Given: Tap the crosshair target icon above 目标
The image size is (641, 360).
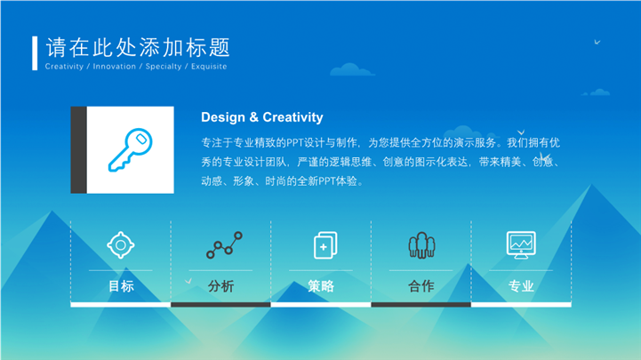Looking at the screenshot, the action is tap(121, 245).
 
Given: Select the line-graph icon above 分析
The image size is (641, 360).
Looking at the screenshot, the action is tap(224, 244).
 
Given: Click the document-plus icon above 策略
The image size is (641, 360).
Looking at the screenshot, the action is tap(325, 245).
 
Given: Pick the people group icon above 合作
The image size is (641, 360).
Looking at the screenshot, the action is tap(421, 245).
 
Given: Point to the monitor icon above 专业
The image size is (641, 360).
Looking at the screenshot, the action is tap(521, 244).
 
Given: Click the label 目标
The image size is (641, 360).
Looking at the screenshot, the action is tap(121, 286).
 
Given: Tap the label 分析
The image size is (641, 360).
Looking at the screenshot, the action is tap(220, 286).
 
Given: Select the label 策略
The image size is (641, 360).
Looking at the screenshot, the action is tap(321, 286).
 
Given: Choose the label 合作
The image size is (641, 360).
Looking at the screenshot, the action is tap(421, 286).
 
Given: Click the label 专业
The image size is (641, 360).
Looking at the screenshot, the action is tap(521, 286).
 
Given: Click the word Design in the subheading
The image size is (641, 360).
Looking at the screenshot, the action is tap(223, 117).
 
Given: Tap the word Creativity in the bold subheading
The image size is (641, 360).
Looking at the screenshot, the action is tap(292, 117).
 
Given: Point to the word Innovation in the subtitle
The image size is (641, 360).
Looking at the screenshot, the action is tap(114, 66).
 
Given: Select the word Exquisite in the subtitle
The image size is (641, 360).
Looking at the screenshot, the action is tap(209, 66).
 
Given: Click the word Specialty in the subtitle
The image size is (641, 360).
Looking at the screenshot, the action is tap(164, 67).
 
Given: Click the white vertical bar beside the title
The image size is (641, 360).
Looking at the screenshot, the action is tap(35, 53).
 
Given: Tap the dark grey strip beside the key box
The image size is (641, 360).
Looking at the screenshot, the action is tap(78, 150).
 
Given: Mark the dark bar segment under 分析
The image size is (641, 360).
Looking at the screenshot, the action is tap(220, 304).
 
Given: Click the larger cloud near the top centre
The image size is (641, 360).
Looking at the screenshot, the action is tap(351, 70).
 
